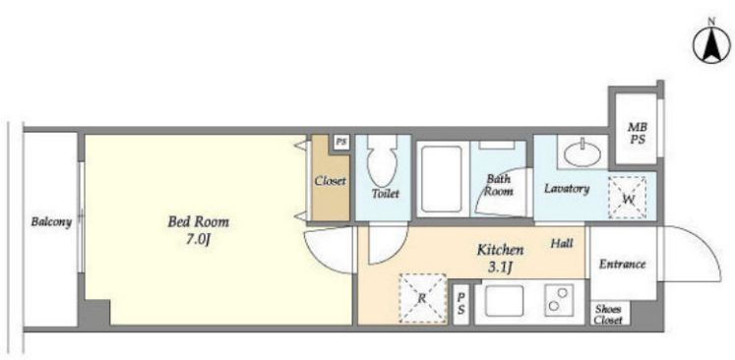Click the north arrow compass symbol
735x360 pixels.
click(711, 45)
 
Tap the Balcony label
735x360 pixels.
click(51, 221)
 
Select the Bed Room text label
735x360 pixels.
click(199, 221)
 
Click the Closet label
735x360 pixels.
click(330, 180)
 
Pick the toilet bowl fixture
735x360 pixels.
click(382, 160)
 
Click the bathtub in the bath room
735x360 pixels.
click(441, 179)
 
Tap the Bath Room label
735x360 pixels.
click(498, 185)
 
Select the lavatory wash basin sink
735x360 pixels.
click(582, 153)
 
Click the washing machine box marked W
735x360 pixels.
click(627, 198)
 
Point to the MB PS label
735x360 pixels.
click(637, 133)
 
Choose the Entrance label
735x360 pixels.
click(623, 264)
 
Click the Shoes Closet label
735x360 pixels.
click(609, 315)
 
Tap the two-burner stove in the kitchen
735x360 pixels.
click(559, 299)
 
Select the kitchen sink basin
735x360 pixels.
click(505, 300)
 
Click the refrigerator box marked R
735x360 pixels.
click(422, 299)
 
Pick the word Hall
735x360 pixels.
click(562, 243)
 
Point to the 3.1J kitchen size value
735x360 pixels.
click(501, 268)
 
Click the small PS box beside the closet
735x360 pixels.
click(341, 141)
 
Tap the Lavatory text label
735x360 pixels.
click(566, 189)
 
